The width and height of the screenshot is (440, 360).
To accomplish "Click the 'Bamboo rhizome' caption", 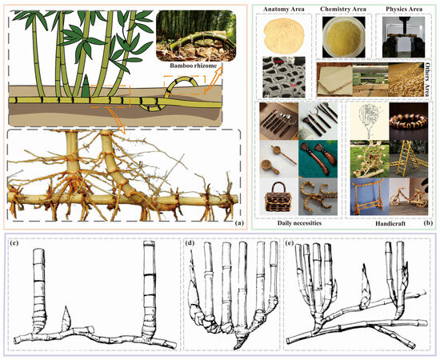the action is click(x=194, y=66).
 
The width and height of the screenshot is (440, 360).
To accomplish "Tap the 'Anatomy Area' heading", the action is click(x=284, y=10).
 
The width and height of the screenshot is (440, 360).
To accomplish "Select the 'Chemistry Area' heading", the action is click(x=343, y=10).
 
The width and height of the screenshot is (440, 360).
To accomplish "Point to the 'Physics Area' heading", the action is click(x=404, y=9).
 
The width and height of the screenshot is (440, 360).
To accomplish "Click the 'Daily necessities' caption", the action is click(x=299, y=223).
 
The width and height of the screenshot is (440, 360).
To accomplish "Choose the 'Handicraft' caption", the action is click(x=390, y=223).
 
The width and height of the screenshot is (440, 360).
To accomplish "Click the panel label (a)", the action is click(x=239, y=223).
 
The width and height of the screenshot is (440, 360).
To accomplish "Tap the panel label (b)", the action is click(x=430, y=223).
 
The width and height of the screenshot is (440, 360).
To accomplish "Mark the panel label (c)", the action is click(x=14, y=243).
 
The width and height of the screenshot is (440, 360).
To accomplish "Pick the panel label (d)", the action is click(x=190, y=243).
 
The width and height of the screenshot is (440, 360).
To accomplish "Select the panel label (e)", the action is click(x=289, y=243).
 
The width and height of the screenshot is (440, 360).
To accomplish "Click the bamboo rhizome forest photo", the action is click(x=195, y=36).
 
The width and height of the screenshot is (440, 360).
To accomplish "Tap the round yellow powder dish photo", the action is click(x=344, y=37).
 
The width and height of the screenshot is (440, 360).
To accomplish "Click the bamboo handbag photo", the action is click(x=279, y=198).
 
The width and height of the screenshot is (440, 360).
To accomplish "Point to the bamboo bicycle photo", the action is click(x=409, y=197).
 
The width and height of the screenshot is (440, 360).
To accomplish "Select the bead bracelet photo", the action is click(x=409, y=122).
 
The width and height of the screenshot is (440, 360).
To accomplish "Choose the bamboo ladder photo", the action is click(x=409, y=159).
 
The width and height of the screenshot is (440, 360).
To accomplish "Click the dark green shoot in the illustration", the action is click(x=86, y=86).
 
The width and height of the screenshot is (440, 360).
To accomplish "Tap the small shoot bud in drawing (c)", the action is click(x=66, y=319).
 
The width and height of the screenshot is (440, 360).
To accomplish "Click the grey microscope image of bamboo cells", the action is click(x=284, y=77).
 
